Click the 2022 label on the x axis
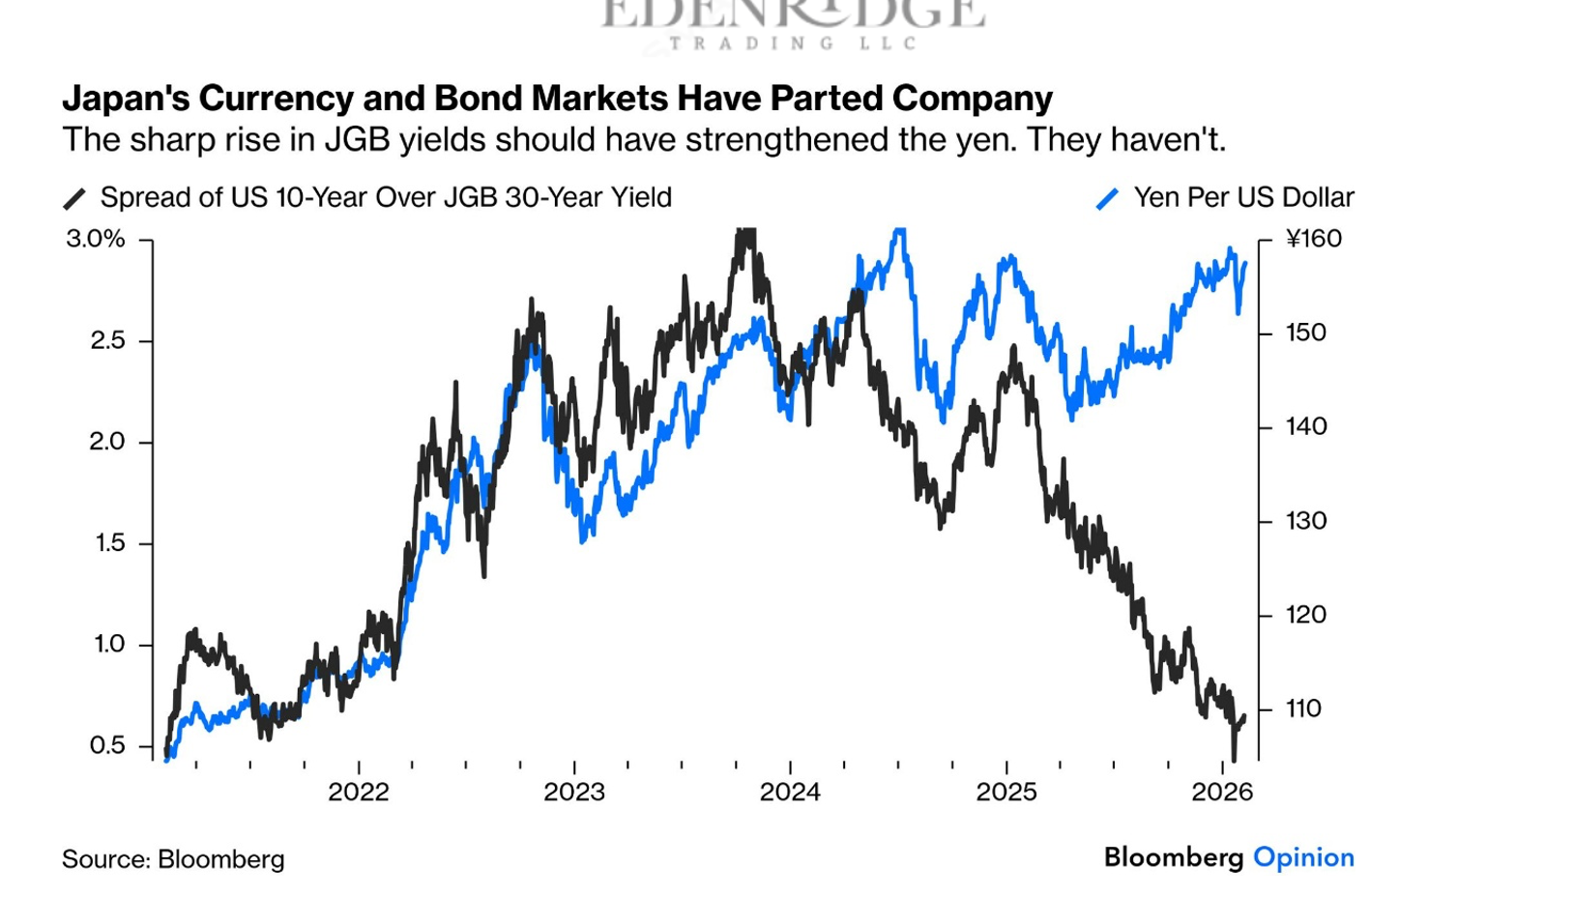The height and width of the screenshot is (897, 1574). point(358,793)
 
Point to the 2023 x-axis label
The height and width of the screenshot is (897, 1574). point(574,793)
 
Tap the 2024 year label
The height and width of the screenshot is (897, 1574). point(790,793)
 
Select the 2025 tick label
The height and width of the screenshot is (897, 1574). point(1006,793)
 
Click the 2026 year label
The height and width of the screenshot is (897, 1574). point(1222,793)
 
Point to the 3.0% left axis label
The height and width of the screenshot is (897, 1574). point(96,239)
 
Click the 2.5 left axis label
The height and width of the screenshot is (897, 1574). point(107,340)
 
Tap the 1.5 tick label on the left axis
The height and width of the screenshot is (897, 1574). point(109,542)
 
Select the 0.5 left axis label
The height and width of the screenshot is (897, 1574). point(107,745)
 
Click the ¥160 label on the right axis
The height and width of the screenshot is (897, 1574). point(1314,239)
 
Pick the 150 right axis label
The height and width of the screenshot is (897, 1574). point(1306,333)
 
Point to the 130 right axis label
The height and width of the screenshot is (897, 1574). point(1306,521)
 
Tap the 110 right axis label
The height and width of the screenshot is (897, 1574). point(1304,709)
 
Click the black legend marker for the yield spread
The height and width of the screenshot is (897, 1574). point(74,199)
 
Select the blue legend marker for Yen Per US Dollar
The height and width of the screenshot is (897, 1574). point(1107,199)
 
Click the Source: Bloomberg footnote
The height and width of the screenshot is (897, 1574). point(173,859)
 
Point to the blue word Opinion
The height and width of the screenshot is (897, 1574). point(1303,857)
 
